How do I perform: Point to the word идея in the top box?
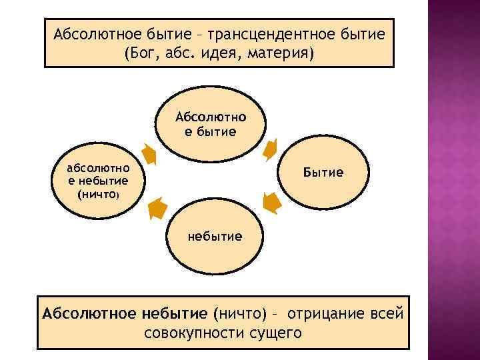click(223, 52)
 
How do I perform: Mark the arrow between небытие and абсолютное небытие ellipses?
click(157, 209)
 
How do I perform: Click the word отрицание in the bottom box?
click(329, 313)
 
